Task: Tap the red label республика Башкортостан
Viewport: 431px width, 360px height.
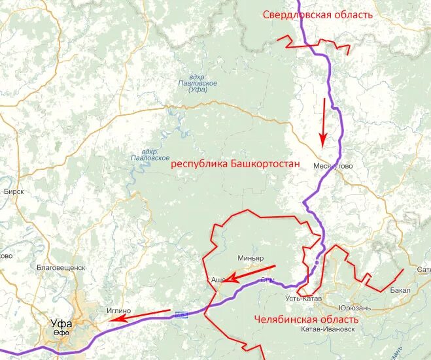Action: tap(235, 164)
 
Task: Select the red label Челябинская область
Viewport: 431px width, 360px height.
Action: tap(306, 319)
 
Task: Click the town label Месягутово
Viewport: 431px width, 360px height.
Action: tap(333, 166)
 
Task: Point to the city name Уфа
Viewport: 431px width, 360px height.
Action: tap(62, 323)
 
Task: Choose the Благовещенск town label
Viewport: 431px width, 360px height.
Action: tap(61, 267)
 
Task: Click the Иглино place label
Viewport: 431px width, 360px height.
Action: tap(118, 310)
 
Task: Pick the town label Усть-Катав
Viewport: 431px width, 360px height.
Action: tap(302, 299)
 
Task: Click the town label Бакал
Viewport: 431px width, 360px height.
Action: tap(399, 290)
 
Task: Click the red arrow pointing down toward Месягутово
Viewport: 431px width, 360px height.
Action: tap(322, 122)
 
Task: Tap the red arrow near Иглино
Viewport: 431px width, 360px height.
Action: tap(139, 315)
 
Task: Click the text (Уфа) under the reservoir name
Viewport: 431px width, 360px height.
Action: tap(197, 90)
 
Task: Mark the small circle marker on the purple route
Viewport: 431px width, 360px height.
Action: tap(317, 262)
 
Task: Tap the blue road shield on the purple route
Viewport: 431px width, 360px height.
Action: tap(181, 315)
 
